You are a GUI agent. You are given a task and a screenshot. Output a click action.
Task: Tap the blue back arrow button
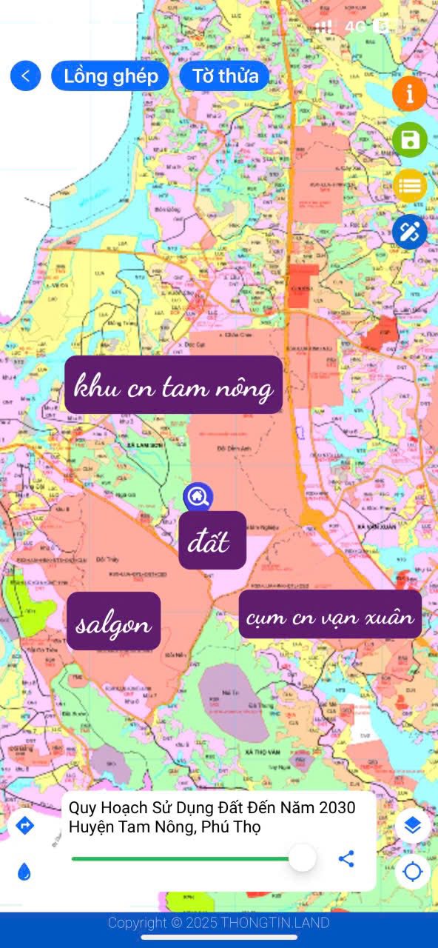pos(25,76)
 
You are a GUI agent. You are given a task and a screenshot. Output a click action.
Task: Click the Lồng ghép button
pos(110,76)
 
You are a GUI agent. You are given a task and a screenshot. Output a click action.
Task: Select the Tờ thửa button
pos(225,76)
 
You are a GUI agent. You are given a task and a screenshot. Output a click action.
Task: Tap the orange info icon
pos(409,94)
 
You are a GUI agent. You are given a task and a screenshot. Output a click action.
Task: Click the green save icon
pos(409,140)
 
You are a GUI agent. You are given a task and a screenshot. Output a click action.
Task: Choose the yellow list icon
pos(409,186)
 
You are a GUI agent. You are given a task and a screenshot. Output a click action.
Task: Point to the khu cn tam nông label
pos(174,385)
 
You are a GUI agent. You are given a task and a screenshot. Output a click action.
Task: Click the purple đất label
pos(212,540)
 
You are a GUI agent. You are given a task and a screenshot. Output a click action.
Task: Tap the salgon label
pos(114,621)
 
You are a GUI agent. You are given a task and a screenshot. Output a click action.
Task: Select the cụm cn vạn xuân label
pos(330,615)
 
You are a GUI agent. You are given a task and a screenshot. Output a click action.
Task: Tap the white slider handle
pos(301,858)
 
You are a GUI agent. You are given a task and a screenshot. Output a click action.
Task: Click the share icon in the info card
pos(346,858)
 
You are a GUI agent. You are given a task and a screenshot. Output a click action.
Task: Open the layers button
pos(412,825)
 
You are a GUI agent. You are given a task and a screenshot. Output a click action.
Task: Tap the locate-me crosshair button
pos(412,872)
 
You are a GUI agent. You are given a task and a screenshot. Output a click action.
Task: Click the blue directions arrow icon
pos(25,825)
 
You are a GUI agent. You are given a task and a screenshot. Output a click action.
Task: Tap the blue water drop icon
pos(25,872)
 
